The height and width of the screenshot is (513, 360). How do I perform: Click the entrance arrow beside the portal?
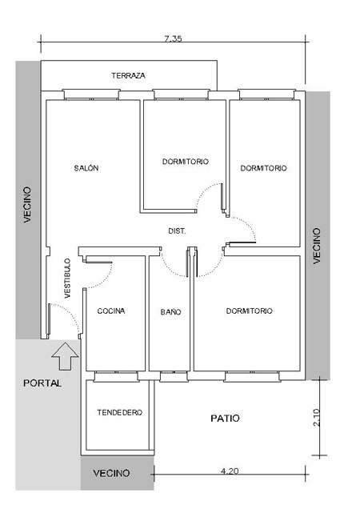tap(65, 356)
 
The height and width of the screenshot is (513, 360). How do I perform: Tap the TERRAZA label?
tap(128, 75)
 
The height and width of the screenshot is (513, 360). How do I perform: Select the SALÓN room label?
tap(86, 168)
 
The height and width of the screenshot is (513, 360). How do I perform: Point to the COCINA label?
tap(111, 311)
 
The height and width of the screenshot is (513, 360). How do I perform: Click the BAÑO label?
tap(170, 312)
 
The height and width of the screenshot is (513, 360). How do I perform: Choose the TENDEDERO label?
tap(120, 412)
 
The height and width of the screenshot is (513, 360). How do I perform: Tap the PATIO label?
tap(225, 418)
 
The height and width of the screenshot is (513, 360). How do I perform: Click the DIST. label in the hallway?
tap(178, 231)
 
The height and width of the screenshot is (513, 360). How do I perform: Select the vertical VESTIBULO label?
tap(67, 279)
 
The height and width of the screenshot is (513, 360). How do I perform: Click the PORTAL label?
tap(42, 383)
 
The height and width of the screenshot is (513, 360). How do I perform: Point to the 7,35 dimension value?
tap(173, 39)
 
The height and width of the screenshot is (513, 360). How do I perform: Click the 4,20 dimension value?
tap(230, 471)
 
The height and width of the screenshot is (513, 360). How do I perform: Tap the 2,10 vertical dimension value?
tap(317, 418)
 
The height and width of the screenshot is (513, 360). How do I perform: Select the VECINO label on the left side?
tap(27, 205)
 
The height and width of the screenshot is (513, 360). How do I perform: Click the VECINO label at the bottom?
tap(111, 473)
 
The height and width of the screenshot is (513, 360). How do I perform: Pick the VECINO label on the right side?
tap(317, 246)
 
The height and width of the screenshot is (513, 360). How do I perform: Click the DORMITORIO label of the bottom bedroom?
tap(249, 311)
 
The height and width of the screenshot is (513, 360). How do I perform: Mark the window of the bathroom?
tap(174, 376)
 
